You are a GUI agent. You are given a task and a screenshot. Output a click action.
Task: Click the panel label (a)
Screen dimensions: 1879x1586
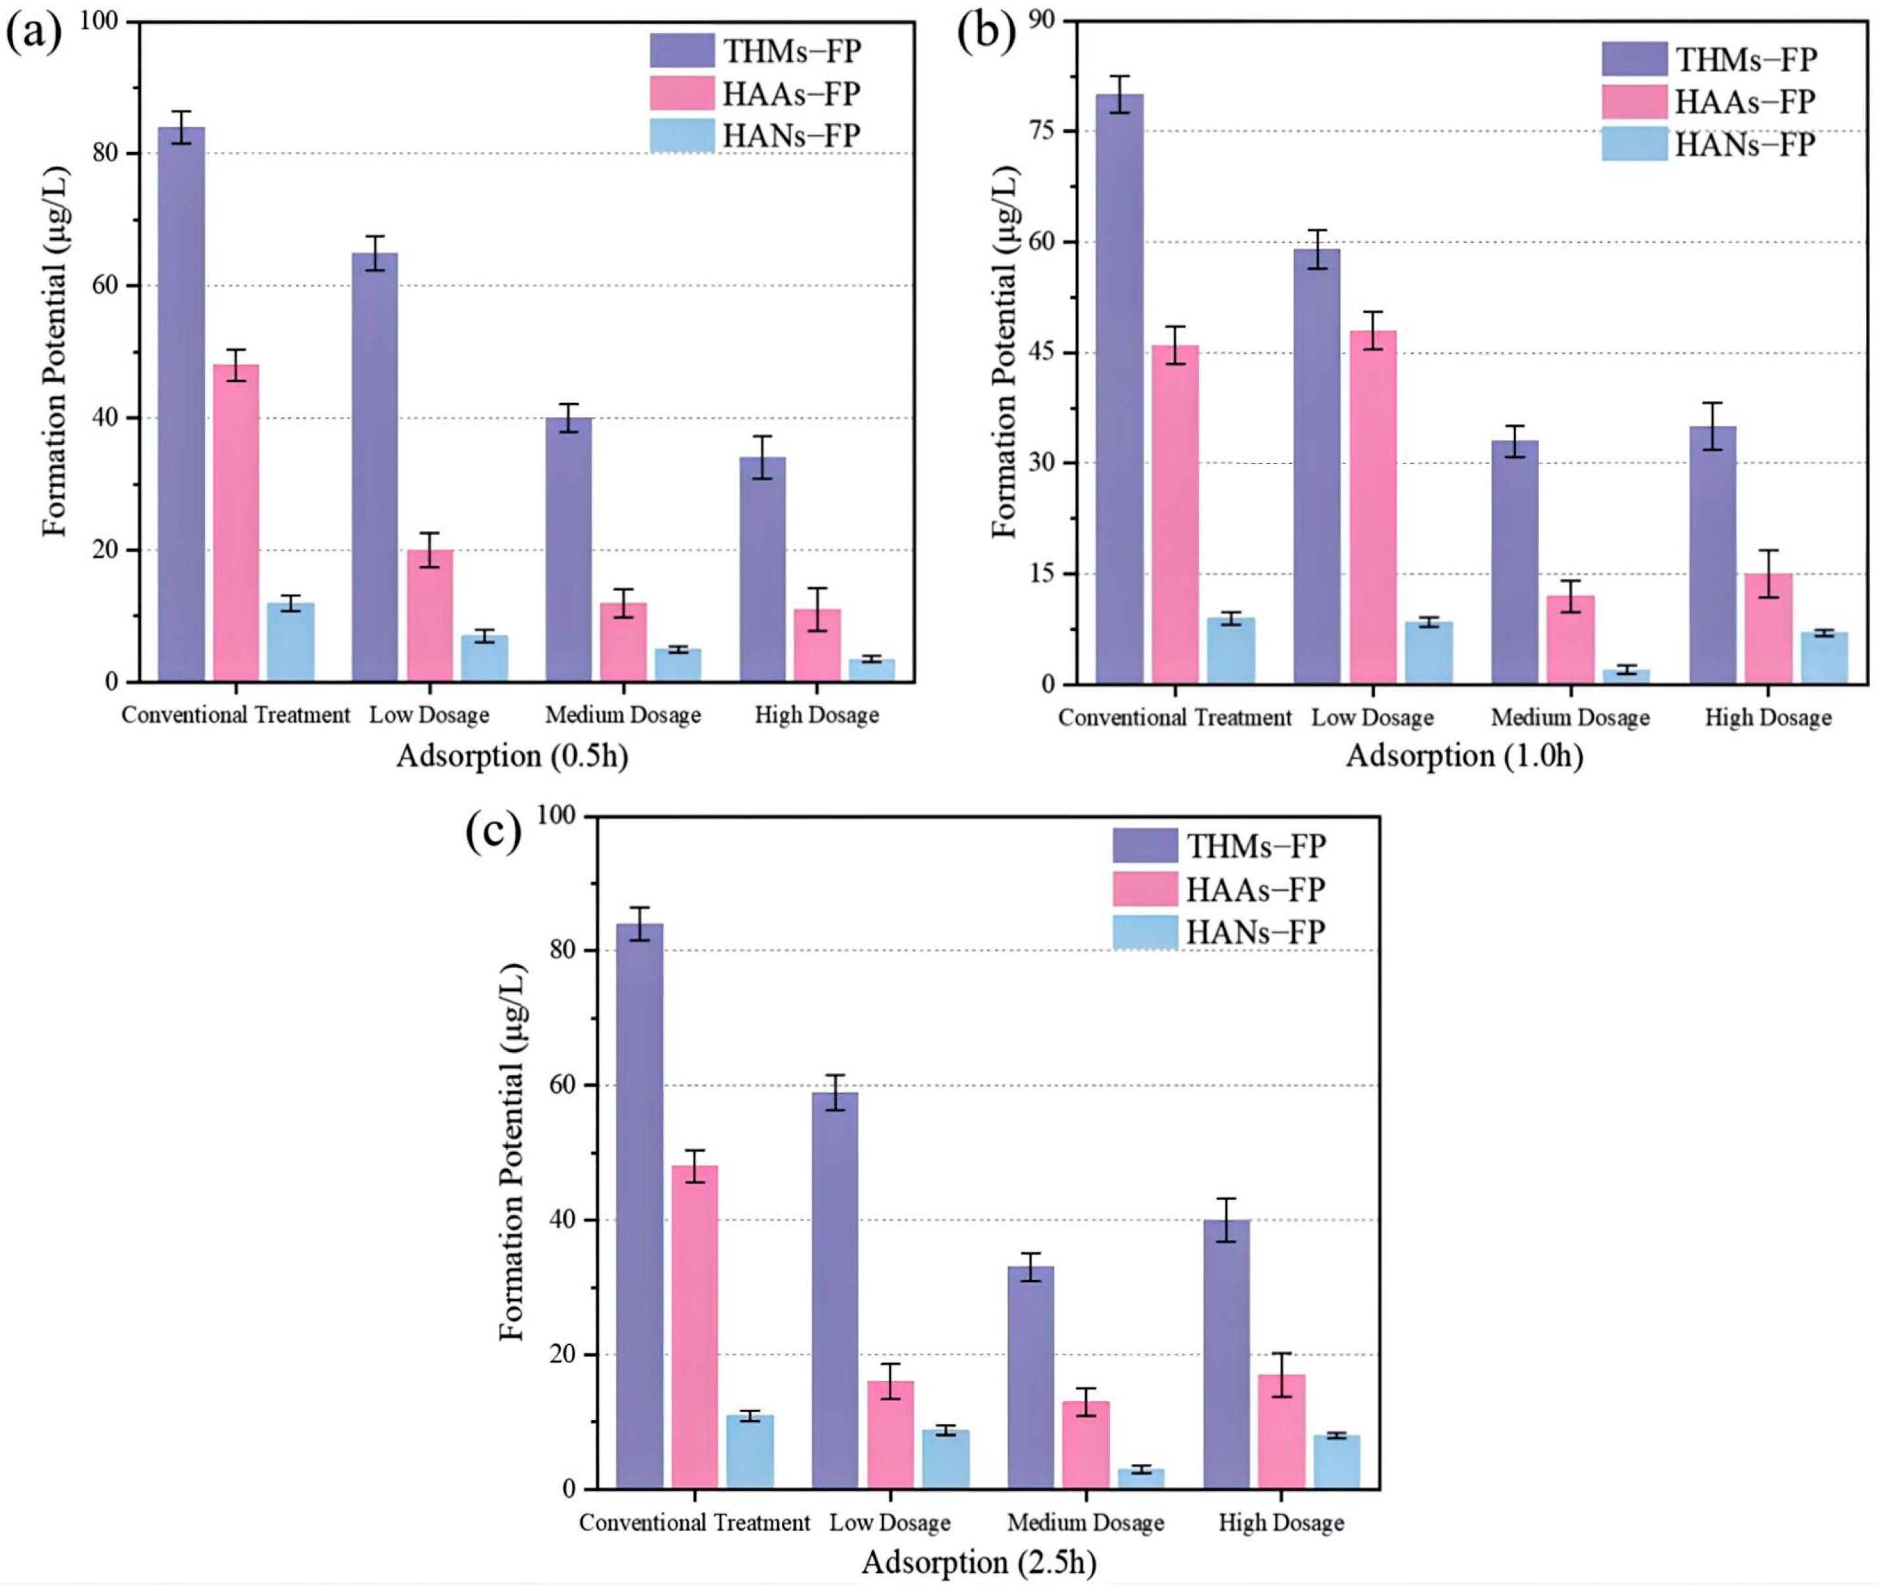point(34,35)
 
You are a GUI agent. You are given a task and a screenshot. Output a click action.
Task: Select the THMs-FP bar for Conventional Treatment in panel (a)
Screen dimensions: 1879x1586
point(182,404)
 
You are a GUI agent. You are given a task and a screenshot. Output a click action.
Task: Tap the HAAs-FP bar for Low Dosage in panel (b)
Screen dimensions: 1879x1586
point(1373,507)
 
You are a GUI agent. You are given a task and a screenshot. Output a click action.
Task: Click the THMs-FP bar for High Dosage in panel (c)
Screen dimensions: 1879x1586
point(1226,1354)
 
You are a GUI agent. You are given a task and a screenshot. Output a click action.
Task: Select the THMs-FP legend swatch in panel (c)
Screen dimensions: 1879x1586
point(1144,845)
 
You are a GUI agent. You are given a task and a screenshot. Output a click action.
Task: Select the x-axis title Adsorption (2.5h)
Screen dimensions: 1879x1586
point(979,1562)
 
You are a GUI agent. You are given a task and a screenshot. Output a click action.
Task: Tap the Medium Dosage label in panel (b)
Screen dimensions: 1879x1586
point(1570,718)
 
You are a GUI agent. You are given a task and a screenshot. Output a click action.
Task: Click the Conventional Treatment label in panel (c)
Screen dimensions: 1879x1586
point(694,1522)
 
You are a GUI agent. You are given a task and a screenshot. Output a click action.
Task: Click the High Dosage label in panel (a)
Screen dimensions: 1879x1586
point(817,715)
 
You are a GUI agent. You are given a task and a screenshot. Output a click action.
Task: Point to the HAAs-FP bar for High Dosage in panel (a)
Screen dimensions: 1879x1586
point(817,646)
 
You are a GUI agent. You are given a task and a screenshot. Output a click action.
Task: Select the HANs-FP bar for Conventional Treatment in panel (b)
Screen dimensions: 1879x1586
point(1231,651)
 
